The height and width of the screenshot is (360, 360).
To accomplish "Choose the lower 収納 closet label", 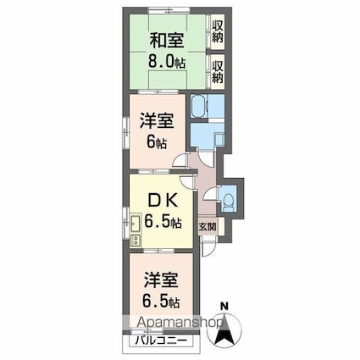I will coord(218,70).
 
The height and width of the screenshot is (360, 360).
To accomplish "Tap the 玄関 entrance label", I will coord(208,227).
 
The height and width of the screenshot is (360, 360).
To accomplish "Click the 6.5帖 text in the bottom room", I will coord(158,301).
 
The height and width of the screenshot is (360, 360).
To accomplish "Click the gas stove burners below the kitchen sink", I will coord(136,240).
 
